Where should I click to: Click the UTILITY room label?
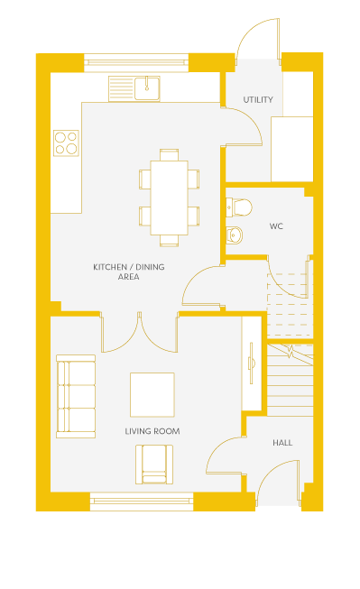(x=258, y=99)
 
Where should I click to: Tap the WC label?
(x=276, y=226)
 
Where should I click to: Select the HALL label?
(x=282, y=443)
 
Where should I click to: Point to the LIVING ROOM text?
(x=152, y=431)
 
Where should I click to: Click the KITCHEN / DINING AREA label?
(x=129, y=272)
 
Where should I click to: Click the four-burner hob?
(x=66, y=143)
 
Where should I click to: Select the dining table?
(x=169, y=198)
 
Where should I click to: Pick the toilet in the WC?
(x=238, y=207)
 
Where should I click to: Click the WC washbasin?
(x=235, y=235)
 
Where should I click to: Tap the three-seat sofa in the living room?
(x=76, y=396)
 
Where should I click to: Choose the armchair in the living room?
(x=154, y=465)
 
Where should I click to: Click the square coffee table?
(x=152, y=395)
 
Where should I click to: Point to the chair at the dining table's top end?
(x=169, y=155)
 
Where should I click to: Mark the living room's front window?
(x=142, y=502)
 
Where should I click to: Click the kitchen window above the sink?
(x=136, y=63)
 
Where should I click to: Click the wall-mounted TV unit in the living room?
(x=252, y=364)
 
